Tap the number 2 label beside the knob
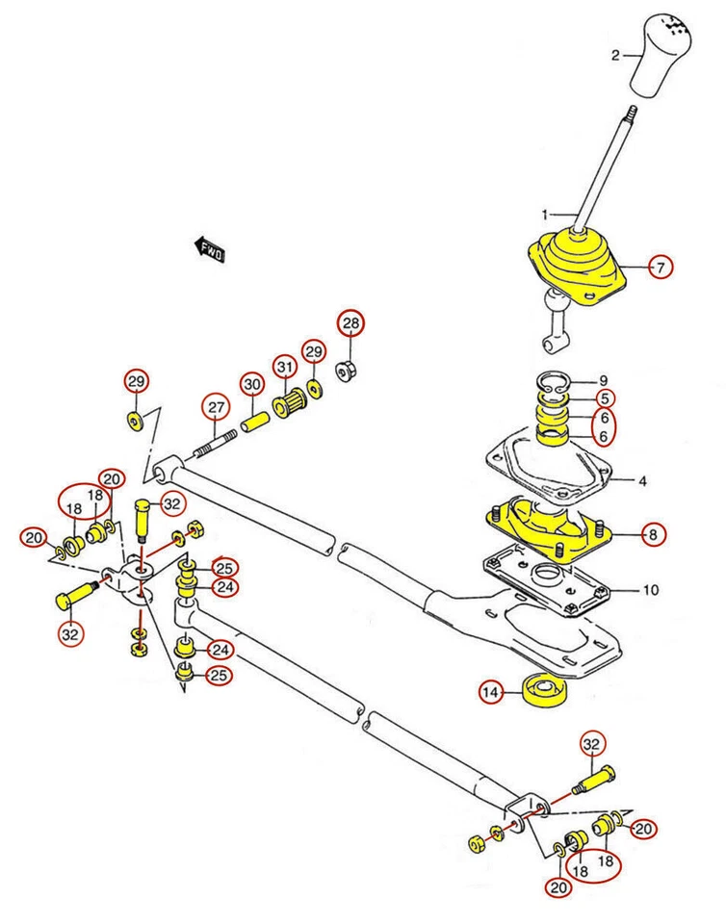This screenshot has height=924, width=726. [x=616, y=56]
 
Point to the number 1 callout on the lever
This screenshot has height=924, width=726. [x=544, y=213]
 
